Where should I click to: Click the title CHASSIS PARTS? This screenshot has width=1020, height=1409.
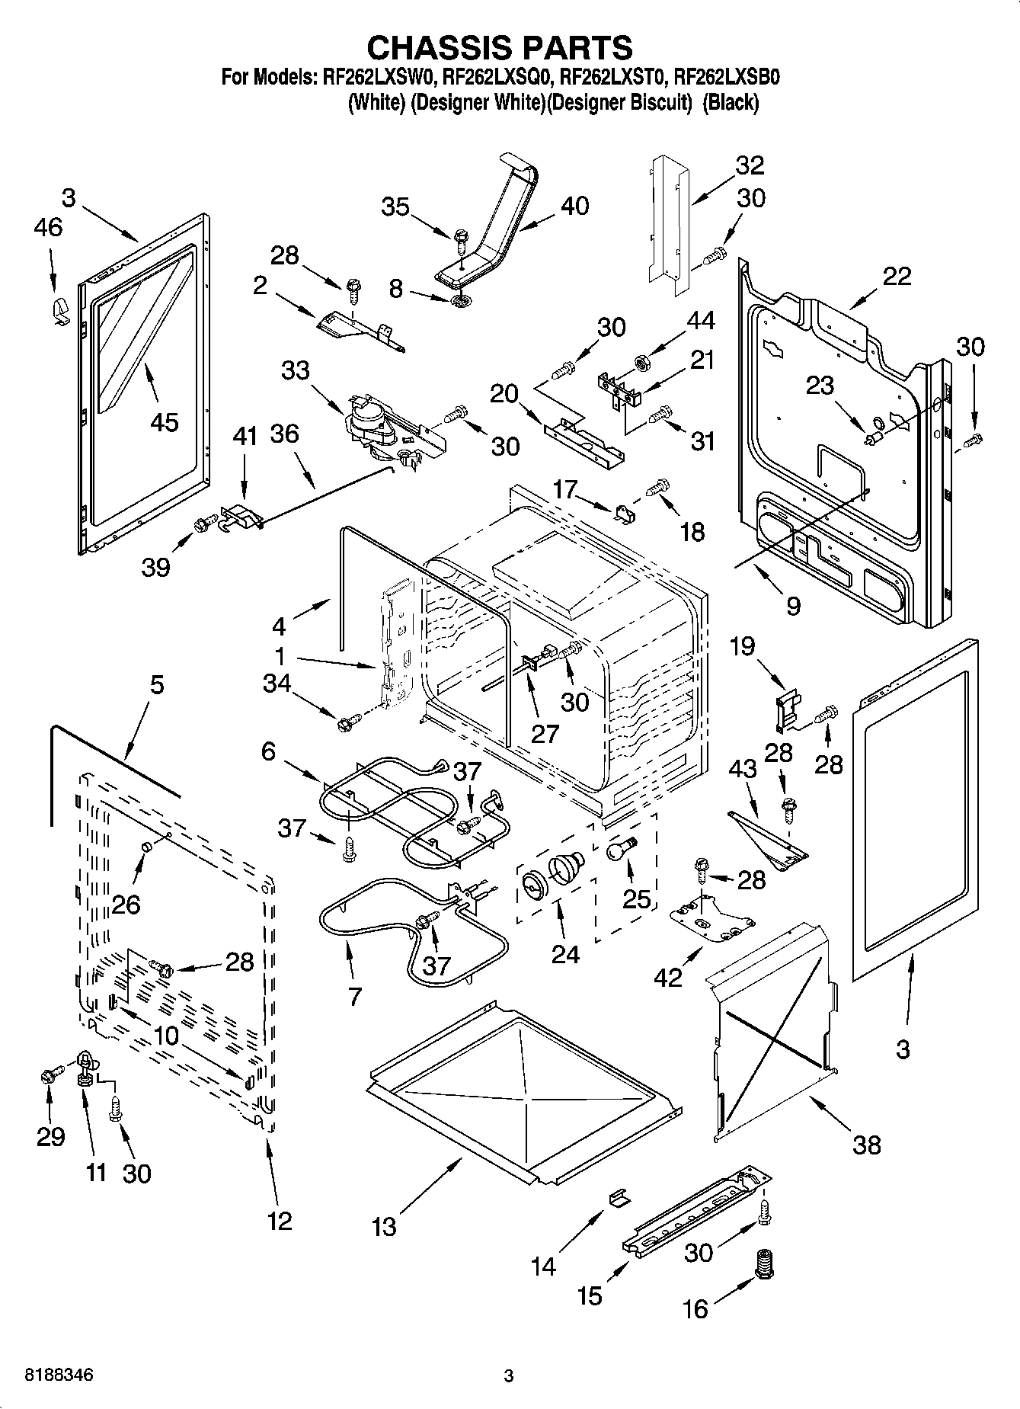point(500,47)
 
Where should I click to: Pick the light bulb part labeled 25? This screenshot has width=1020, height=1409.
point(620,847)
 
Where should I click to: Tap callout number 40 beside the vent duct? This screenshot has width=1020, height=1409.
point(575,206)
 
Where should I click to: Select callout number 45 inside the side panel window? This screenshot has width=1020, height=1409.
point(164,421)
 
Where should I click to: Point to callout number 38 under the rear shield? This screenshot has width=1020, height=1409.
point(867,1144)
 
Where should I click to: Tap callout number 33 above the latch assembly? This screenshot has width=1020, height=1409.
point(296,370)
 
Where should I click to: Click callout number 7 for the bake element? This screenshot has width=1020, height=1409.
point(354,996)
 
